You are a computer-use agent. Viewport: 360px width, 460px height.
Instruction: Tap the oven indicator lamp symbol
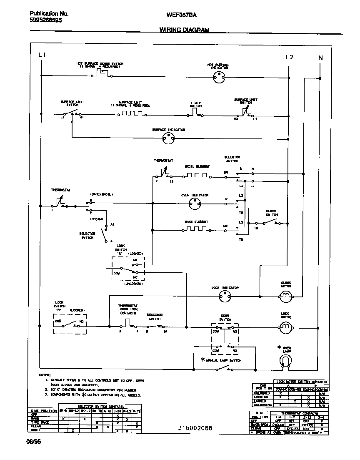pyautogui.click(x=195, y=204)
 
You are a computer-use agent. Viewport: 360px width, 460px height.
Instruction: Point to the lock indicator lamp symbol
pyautogui.click(x=225, y=297)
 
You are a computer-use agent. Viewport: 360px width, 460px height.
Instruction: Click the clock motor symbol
pyautogui.click(x=286, y=297)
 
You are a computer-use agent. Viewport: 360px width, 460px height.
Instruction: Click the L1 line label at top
pyautogui.click(x=42, y=55)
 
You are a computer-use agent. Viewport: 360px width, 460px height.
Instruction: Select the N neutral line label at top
pyautogui.click(x=320, y=58)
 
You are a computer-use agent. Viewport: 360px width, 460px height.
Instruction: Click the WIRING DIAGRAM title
pyautogui.click(x=184, y=30)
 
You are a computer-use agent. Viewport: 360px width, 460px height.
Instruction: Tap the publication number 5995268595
pyautogui.click(x=46, y=20)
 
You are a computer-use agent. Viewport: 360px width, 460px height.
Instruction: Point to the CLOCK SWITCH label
pyautogui.click(x=271, y=213)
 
